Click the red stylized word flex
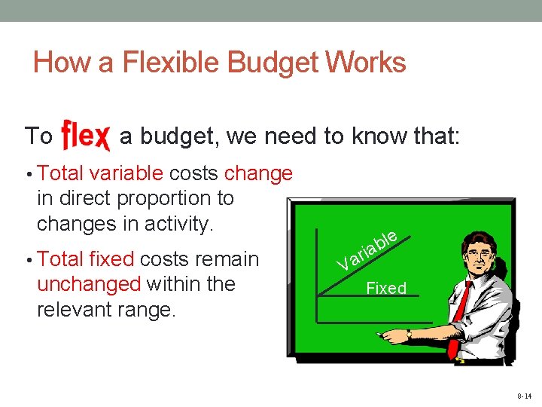click(86, 136)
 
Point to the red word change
click(258, 173)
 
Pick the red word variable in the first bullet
click(126, 173)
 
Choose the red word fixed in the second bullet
click(111, 259)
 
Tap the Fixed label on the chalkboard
click(385, 288)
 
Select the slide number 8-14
click(524, 396)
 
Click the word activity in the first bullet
click(178, 224)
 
